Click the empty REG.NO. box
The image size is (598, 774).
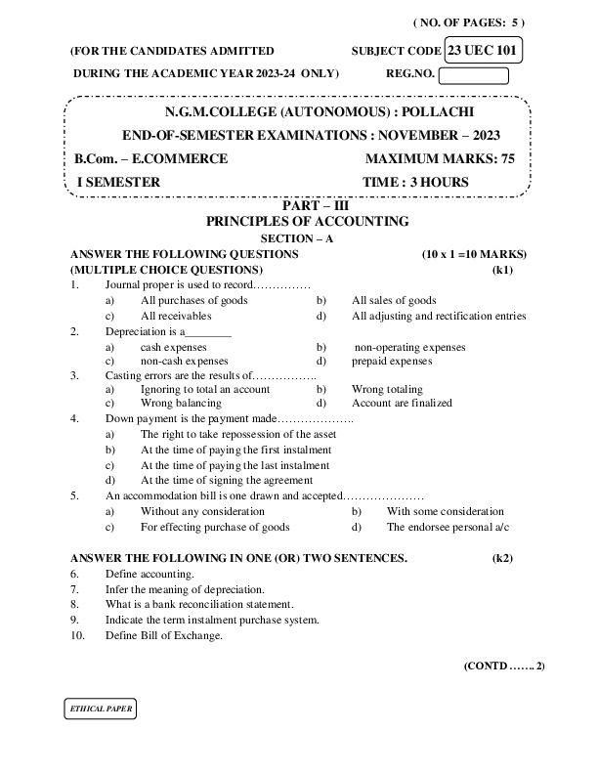click(474, 74)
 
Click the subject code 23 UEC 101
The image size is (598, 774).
click(484, 49)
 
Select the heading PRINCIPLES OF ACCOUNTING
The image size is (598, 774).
click(300, 222)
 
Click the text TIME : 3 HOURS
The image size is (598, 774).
click(415, 182)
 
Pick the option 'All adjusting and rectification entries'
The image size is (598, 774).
click(439, 317)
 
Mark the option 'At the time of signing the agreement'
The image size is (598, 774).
click(227, 481)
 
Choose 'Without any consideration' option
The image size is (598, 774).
click(202, 511)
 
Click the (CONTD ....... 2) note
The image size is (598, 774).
click(504, 666)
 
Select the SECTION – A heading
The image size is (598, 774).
click(298, 238)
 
